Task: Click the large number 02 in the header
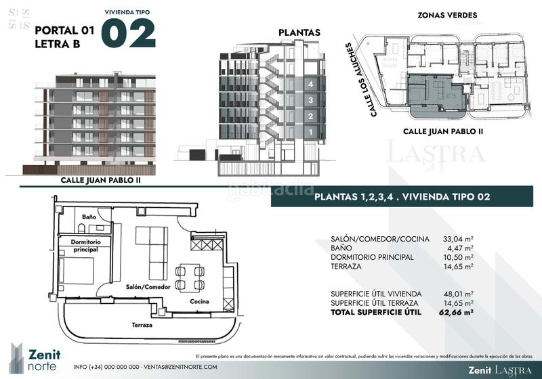(x=128, y=34)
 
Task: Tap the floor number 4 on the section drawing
(x=310, y=85)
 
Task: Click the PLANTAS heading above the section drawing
(x=299, y=32)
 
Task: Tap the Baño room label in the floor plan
(x=89, y=217)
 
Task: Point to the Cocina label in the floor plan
(x=199, y=301)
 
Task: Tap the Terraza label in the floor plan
(x=142, y=325)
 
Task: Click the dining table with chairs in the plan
(x=190, y=277)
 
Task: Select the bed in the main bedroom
(x=76, y=271)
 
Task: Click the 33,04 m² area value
(x=458, y=239)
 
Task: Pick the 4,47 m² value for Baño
(x=460, y=248)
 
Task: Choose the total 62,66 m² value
(x=456, y=313)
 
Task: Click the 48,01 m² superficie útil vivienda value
(x=458, y=294)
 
